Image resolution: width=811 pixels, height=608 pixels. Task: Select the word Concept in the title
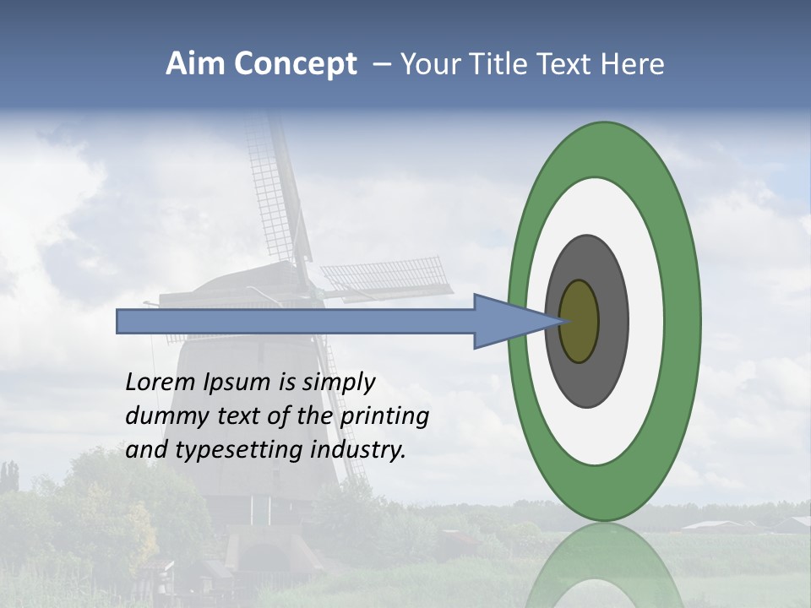296,65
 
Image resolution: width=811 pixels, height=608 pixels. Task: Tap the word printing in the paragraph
384,417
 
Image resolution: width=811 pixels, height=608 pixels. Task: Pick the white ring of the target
645,321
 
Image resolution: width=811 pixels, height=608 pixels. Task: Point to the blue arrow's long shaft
296,321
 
